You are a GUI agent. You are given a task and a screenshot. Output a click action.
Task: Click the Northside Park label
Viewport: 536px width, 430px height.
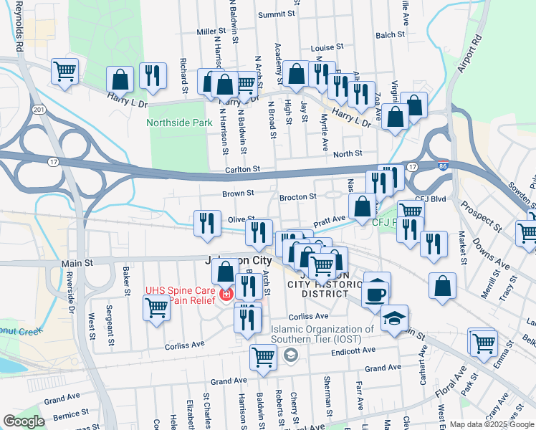[179, 123]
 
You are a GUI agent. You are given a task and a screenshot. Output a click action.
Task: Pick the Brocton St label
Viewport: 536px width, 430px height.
[297, 196]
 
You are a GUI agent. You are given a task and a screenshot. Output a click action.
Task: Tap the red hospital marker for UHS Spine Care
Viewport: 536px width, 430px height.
[226, 295]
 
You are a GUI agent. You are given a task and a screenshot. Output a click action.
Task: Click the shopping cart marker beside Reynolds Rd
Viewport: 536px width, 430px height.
[64, 72]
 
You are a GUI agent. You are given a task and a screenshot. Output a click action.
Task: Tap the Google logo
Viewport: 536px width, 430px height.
[24, 421]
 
